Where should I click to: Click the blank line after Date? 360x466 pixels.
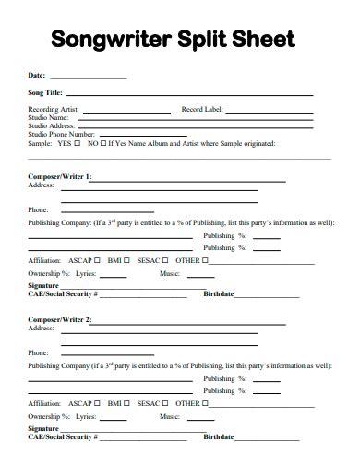click(88, 77)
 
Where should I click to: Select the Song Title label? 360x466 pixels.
click(45, 94)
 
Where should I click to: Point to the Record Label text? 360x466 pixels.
click(203, 110)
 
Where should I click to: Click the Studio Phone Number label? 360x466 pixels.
click(62, 135)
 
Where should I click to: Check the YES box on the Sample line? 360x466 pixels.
click(78, 143)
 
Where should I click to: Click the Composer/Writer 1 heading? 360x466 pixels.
click(60, 175)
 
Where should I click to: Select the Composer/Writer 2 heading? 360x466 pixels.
click(60, 318)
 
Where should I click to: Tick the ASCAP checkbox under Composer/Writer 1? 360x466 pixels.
click(97, 260)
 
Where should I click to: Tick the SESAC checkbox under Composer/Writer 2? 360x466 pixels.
click(165, 402)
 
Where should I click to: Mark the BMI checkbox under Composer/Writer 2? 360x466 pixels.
click(126, 402)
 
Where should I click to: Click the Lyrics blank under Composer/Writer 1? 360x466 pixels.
click(120, 274)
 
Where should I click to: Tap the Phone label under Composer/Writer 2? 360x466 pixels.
click(38, 352)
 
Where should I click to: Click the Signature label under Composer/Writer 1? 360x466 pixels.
click(43, 286)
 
